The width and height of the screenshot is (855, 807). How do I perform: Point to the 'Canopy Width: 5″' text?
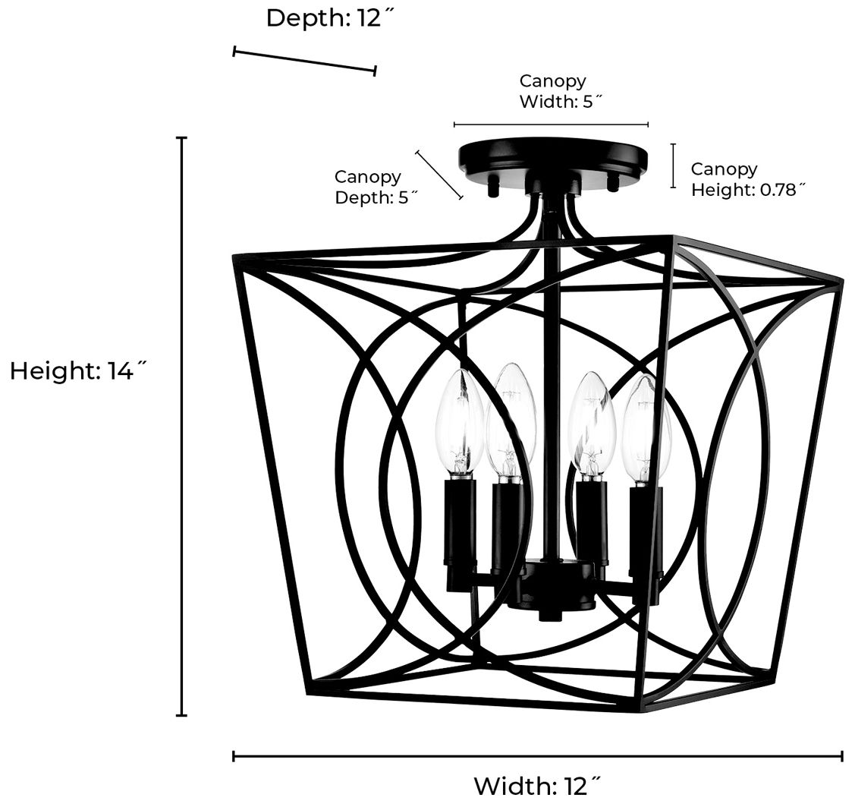[552, 91]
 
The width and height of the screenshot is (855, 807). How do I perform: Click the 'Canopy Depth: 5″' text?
[368, 187]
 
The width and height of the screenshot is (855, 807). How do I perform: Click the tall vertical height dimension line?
[182, 425]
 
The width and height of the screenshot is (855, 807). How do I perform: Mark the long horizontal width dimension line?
[537, 755]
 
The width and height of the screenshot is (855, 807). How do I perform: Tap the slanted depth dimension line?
[304, 61]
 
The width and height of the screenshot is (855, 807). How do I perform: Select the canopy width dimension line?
[551, 124]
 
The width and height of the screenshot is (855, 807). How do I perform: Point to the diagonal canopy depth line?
[439, 175]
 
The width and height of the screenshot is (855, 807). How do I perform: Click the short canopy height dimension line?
[673, 165]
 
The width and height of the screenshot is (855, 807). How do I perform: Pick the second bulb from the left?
[511, 418]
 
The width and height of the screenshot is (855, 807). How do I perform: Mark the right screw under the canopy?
[613, 181]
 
